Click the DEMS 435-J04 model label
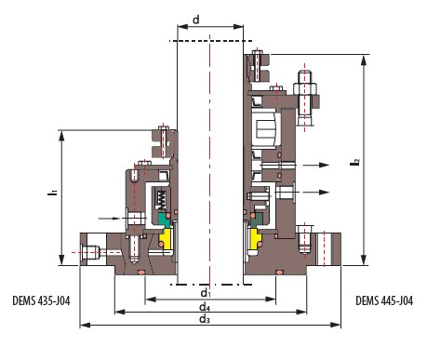tap(41, 300)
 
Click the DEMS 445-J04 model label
tap(384, 300)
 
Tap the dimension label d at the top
tap(196, 20)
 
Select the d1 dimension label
tap(206, 293)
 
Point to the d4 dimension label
tap(205, 307)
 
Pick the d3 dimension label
tap(205, 319)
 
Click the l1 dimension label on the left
tap(53, 192)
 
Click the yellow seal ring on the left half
tap(166, 238)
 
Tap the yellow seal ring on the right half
tap(256, 238)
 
